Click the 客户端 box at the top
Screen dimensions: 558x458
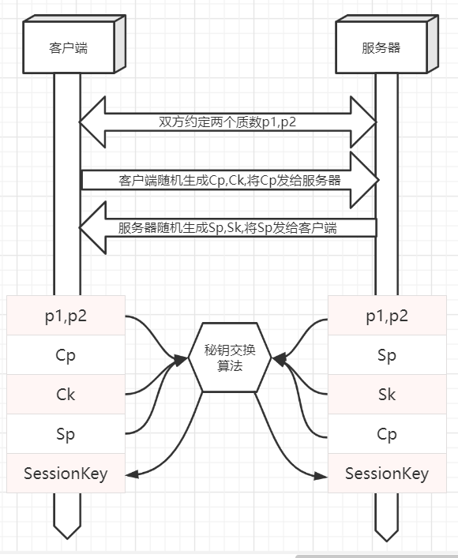[67, 47]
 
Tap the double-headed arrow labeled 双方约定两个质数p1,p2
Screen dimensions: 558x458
[227, 122]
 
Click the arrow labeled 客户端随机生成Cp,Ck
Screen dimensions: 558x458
[229, 180]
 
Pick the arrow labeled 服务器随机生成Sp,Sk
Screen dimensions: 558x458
[229, 227]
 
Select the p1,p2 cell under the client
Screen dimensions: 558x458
[66, 316]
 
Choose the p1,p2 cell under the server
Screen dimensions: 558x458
[387, 316]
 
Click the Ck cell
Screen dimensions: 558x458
[66, 394]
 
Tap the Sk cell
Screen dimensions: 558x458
[387, 394]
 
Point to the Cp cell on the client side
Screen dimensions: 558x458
[66, 355]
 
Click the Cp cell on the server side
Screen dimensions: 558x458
[387, 433]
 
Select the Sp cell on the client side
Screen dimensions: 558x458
[66, 433]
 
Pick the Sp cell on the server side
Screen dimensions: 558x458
[387, 355]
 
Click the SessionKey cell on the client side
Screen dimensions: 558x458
[66, 474]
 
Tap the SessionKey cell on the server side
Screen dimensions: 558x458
[387, 474]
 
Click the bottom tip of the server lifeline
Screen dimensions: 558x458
[387, 541]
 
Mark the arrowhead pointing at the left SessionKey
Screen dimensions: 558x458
[132, 474]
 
